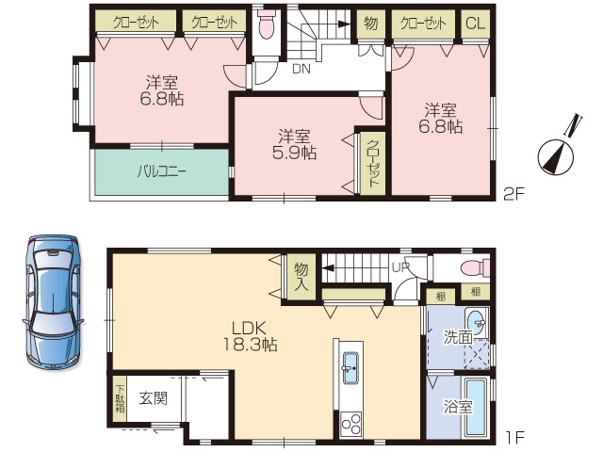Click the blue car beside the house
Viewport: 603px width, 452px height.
(x=54, y=303)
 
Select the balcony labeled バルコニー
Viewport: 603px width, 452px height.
(x=162, y=171)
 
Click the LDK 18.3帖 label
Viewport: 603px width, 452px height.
(x=250, y=337)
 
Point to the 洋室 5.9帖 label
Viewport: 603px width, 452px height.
(x=294, y=145)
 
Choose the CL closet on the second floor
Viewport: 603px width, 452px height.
(x=475, y=24)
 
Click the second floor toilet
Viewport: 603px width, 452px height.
(x=266, y=24)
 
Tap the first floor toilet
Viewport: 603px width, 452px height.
(x=476, y=267)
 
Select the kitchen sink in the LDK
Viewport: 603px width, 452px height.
(x=350, y=368)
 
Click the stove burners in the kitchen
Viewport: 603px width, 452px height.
(x=351, y=425)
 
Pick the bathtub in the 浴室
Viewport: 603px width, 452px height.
(x=477, y=408)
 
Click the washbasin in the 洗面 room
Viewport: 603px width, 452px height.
(x=477, y=322)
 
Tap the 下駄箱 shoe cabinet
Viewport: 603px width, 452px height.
(x=120, y=398)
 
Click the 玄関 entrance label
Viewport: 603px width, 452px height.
(x=153, y=398)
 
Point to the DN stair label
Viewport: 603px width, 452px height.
(x=301, y=69)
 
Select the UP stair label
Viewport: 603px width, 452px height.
(x=400, y=267)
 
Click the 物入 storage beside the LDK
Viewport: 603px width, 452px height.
(x=301, y=277)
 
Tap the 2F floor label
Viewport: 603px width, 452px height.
(x=514, y=194)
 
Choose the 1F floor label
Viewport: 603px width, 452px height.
(x=515, y=437)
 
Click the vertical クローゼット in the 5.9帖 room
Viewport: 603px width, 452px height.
(x=373, y=164)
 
